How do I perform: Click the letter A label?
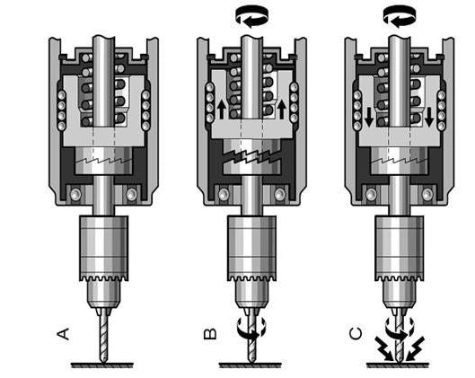[x=63, y=334]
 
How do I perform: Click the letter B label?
[x=210, y=334]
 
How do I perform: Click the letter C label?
[x=358, y=334]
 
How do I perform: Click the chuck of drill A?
[x=103, y=242]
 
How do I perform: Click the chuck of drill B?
[x=251, y=242]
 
